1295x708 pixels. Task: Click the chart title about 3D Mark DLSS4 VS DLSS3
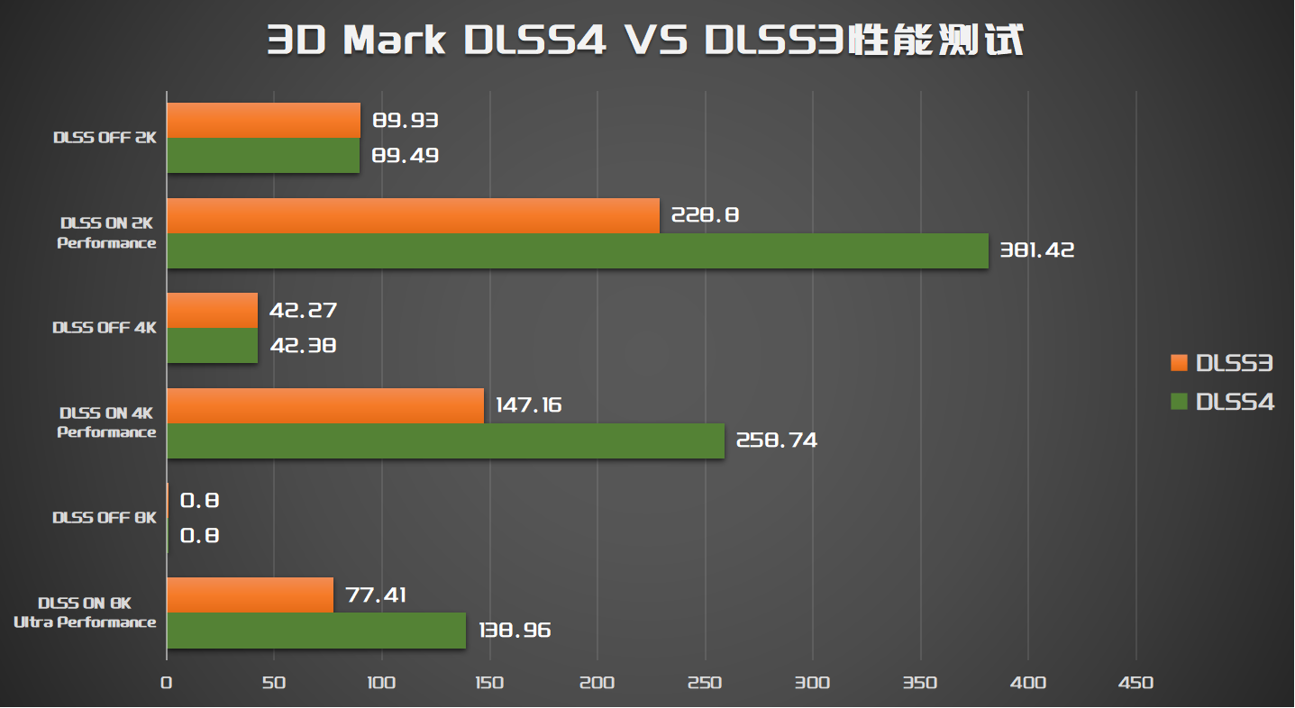(x=645, y=41)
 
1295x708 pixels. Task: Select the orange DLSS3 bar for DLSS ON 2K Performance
(x=413, y=216)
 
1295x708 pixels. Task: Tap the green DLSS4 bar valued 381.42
(x=577, y=251)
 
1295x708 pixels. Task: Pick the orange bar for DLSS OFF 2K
(x=263, y=121)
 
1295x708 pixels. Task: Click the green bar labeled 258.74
(x=445, y=441)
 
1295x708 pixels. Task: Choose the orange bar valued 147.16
(x=325, y=406)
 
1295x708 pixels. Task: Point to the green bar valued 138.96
(x=316, y=631)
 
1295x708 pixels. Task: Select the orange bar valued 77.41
(x=250, y=595)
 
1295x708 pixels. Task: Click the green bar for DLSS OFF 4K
(x=212, y=346)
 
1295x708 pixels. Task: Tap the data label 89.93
(x=406, y=121)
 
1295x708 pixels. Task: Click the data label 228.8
(x=700, y=216)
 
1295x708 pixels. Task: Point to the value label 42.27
(x=304, y=311)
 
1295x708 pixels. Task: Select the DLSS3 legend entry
(x=1222, y=363)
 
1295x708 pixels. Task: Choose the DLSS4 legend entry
(x=1222, y=402)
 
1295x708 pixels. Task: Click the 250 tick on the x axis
(x=705, y=683)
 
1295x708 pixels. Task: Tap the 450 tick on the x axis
(x=1135, y=683)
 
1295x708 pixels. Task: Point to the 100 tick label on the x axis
(x=381, y=683)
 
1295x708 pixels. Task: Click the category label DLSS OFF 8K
(x=105, y=518)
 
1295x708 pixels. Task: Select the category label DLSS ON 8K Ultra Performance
(x=86, y=613)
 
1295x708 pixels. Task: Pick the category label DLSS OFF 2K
(x=105, y=138)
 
